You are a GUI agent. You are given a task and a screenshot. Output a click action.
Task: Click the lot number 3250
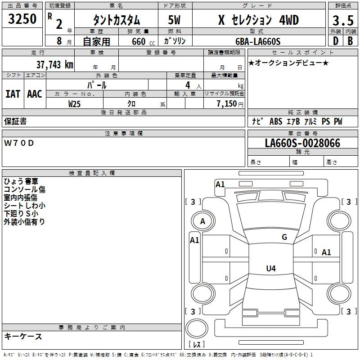point(22,18)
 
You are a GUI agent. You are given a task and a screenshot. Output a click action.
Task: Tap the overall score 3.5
point(343,20)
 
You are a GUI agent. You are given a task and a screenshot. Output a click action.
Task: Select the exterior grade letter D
point(336,41)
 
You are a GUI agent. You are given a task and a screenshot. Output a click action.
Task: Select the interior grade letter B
point(351,41)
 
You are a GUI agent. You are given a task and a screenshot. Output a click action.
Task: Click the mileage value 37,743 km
point(54,65)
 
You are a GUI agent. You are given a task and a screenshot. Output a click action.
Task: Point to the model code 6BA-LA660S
point(258,41)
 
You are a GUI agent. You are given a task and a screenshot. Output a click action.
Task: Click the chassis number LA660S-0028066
point(302,143)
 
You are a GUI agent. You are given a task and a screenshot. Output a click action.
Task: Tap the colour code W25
point(74,104)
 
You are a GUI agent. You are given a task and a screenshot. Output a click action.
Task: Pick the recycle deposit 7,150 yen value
point(230,104)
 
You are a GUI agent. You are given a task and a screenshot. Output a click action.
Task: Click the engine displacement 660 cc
point(143,41)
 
